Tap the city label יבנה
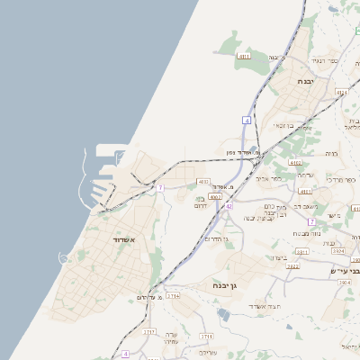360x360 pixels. click(305, 80)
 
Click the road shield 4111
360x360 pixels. click(244, 56)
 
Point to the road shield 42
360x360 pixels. click(229, 206)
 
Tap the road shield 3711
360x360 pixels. click(207, 335)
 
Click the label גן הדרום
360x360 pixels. click(215, 239)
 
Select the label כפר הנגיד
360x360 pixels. click(324, 60)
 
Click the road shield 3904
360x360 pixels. click(346, 283)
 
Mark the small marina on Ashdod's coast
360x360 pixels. click(63, 258)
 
